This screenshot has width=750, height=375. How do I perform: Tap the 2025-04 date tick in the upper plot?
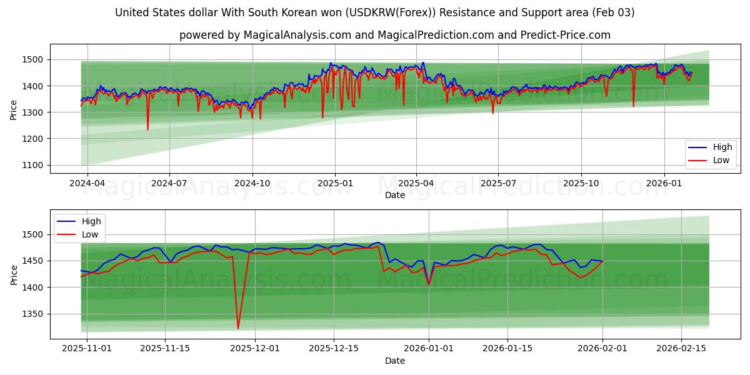point(416,183)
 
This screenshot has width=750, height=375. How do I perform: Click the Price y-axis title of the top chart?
point(14,110)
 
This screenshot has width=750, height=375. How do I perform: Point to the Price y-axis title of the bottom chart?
point(14,275)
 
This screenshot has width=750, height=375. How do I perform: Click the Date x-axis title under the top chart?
point(394,195)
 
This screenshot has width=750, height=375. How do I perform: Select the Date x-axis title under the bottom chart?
point(394,361)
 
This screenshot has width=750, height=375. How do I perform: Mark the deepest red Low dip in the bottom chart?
point(238,328)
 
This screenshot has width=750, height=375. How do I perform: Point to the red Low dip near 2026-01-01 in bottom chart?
point(429,284)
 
